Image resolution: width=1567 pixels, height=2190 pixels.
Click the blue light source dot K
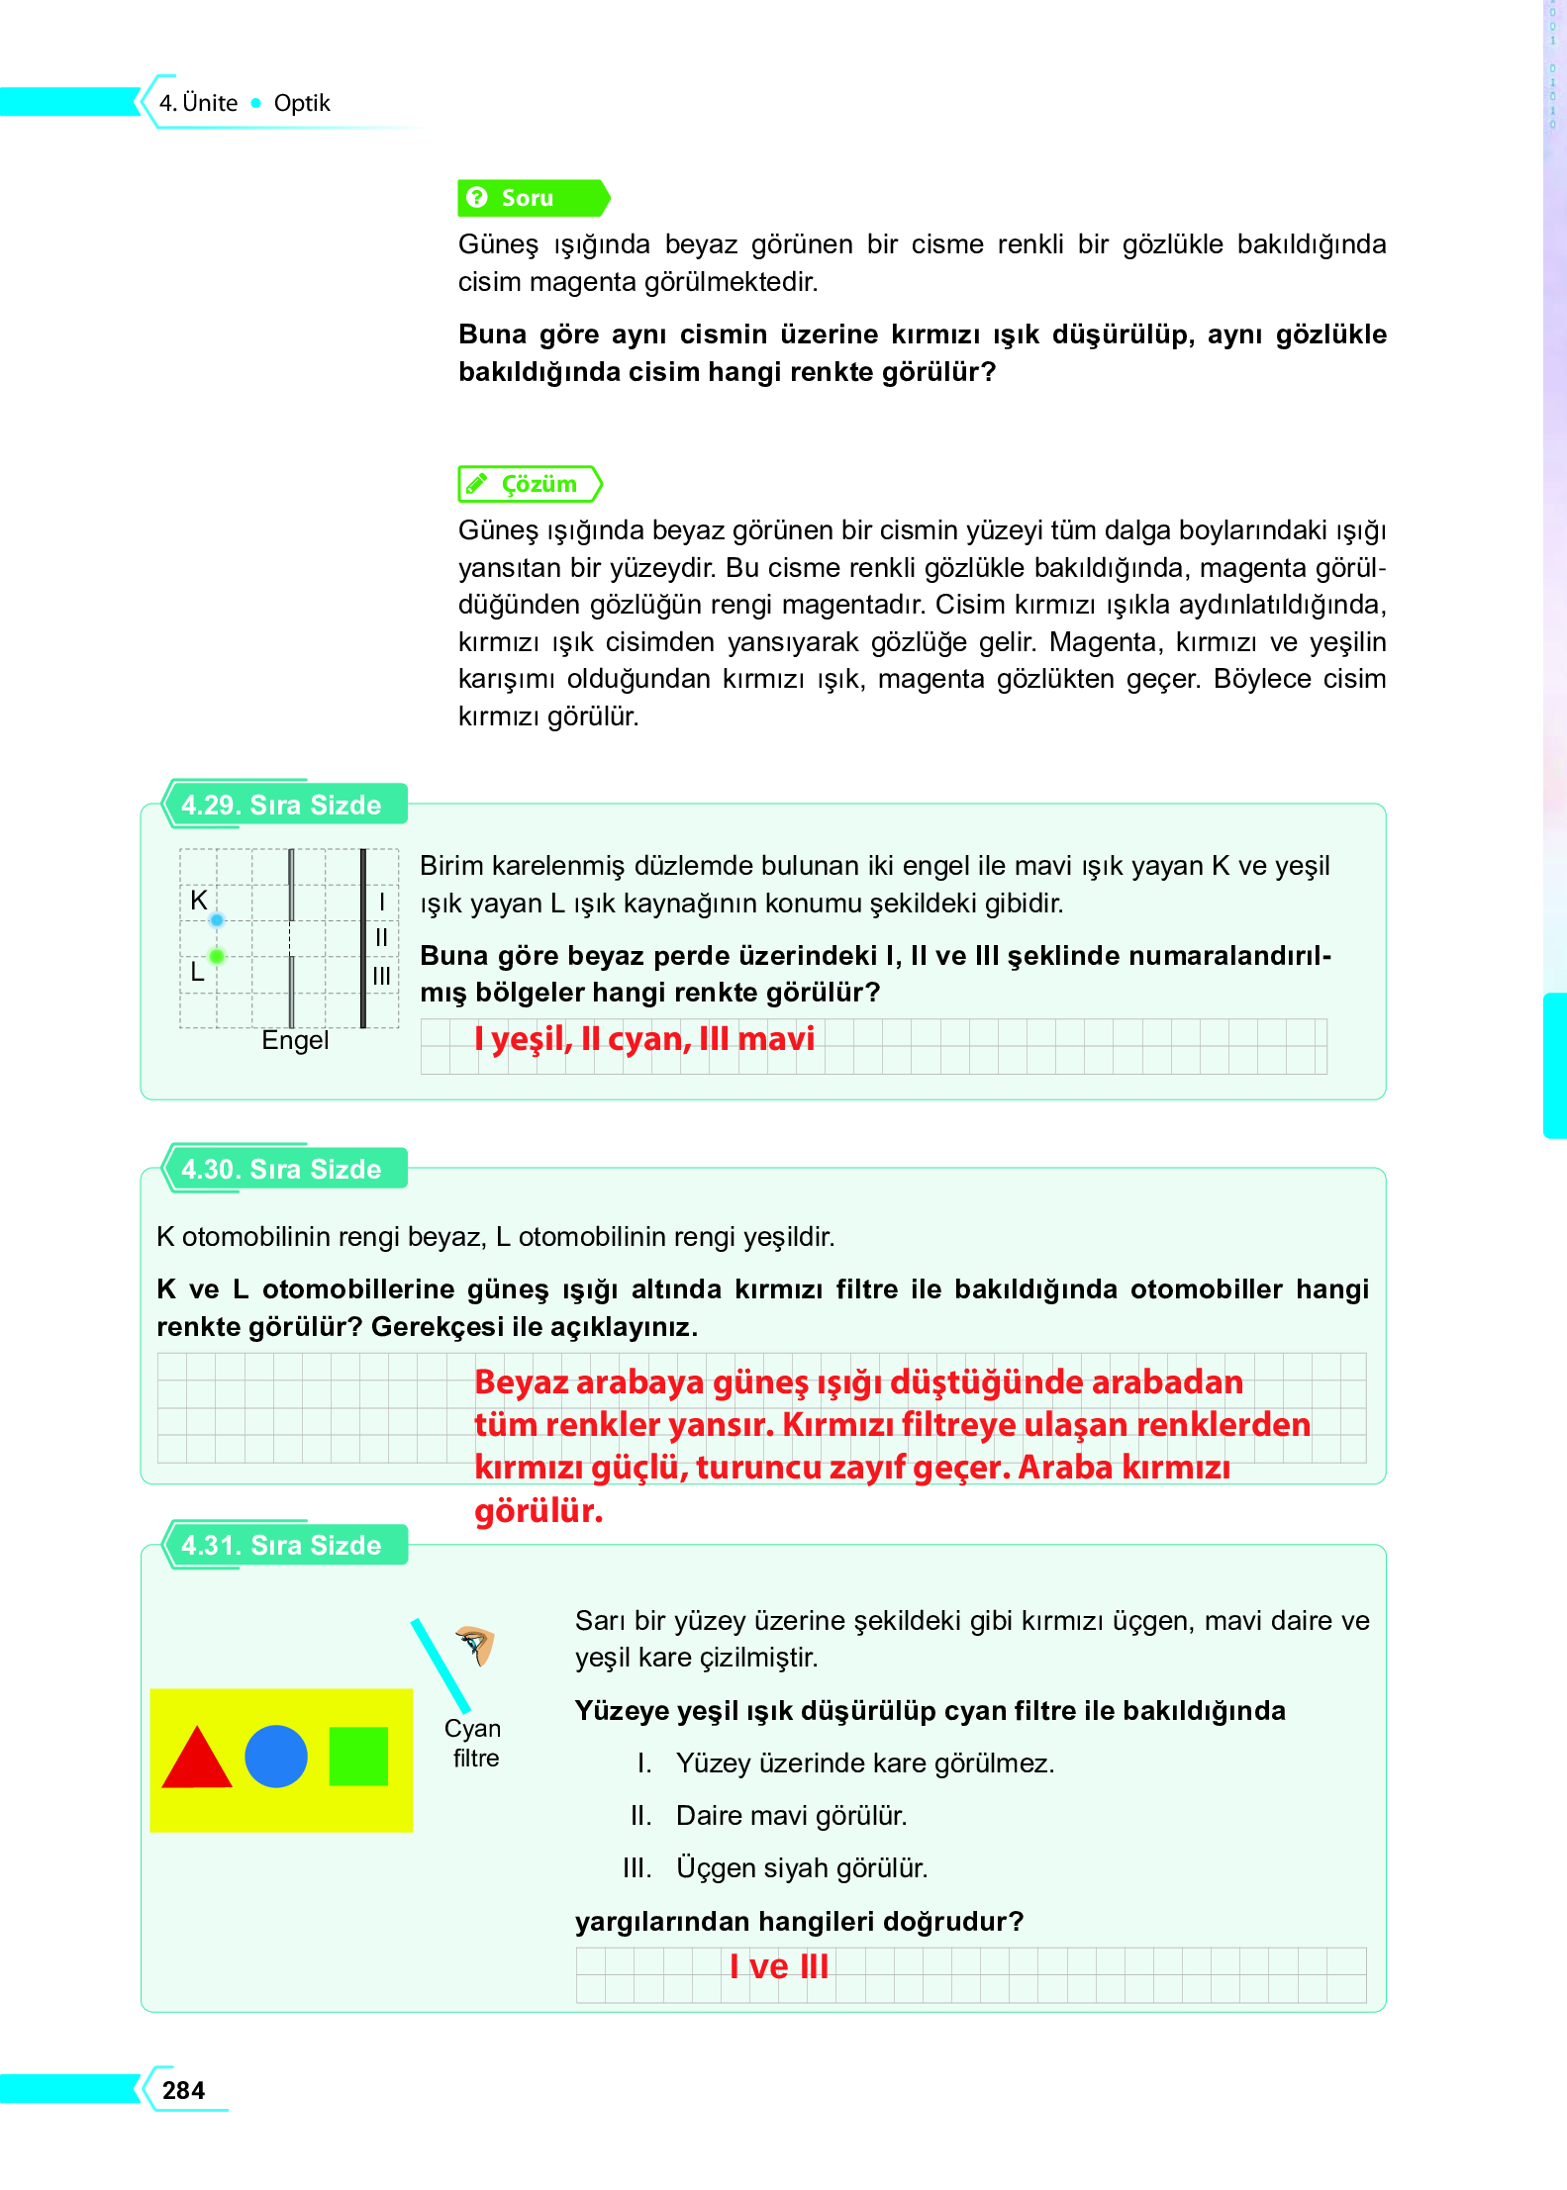[217, 920]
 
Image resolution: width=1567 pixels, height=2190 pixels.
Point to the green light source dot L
[217, 956]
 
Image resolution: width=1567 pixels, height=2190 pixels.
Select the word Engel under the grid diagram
[294, 1041]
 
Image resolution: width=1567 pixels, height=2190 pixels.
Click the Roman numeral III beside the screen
[382, 976]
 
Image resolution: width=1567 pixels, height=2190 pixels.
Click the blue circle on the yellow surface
[276, 1757]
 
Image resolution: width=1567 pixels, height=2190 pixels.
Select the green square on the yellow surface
[357, 1757]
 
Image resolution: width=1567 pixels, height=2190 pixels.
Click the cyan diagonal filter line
[441, 1666]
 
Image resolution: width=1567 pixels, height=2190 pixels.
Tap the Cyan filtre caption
[473, 1743]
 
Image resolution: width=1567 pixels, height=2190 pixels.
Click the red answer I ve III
[779, 1966]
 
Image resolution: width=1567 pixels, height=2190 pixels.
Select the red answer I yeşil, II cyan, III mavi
[643, 1039]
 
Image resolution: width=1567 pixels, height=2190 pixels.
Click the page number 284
[183, 2090]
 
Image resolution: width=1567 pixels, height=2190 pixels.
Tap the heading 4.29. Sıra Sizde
[281, 805]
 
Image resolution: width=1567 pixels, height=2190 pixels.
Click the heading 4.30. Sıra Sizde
[281, 1169]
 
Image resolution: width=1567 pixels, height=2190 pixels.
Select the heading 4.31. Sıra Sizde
[281, 1545]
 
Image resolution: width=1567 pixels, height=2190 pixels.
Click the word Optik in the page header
[301, 103]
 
